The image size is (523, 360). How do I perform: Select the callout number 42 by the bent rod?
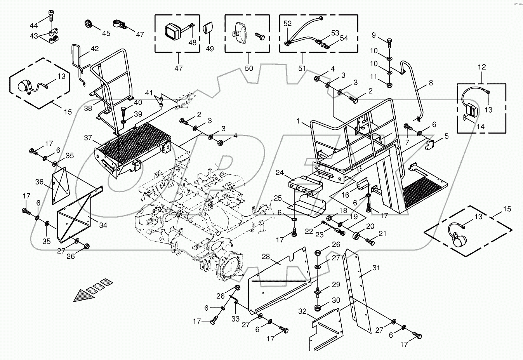94,49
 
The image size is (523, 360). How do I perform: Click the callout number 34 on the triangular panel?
103,226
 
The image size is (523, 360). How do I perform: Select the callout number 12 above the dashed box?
481,67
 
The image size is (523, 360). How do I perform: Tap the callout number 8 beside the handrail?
430,83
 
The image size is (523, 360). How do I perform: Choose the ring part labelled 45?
89,24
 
